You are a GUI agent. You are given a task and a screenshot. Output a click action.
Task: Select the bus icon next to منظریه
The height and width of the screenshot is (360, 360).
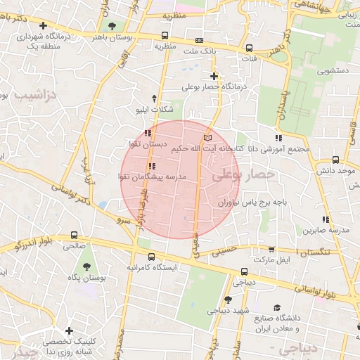point(165,35)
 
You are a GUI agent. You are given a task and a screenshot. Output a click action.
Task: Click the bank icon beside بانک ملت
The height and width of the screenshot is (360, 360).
point(199,41)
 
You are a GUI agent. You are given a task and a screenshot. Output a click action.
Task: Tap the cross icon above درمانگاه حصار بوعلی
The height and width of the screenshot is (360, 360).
point(214,75)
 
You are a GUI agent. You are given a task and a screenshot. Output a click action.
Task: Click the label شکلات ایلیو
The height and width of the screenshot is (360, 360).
point(153,110)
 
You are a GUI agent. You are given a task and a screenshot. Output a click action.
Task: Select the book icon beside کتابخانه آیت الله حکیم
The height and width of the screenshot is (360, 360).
point(207,138)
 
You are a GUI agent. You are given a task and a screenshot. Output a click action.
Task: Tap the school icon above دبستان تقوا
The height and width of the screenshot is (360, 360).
point(147,132)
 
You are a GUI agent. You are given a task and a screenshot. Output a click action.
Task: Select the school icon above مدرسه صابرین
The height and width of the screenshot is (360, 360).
point(325,219)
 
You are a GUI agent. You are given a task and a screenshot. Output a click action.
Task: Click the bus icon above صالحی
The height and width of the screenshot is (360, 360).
point(75,235)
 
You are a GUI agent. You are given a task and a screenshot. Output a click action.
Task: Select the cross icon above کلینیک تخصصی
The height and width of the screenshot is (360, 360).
point(69,330)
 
